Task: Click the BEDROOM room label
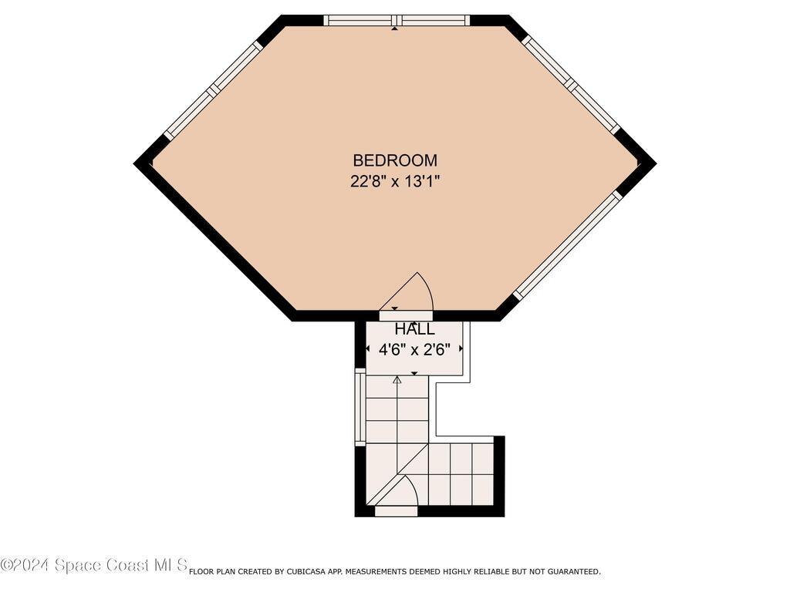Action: (395, 160)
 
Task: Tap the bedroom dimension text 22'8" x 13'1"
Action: (395, 182)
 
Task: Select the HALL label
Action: (414, 330)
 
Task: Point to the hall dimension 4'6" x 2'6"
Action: (414, 349)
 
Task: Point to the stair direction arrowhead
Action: (397, 379)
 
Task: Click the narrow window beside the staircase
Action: (360, 408)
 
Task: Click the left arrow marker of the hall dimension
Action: (368, 350)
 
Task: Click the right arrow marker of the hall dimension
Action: (461, 350)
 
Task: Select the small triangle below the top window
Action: (395, 29)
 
